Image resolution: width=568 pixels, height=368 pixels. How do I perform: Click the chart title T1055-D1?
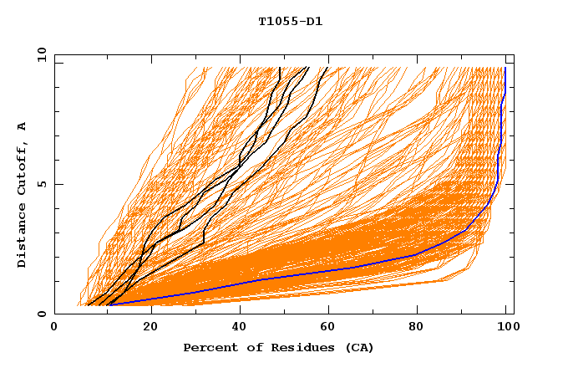tap(290, 22)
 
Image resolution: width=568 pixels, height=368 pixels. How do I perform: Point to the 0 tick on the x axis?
tap(55, 330)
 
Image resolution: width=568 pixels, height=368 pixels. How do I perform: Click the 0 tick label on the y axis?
tap(41, 314)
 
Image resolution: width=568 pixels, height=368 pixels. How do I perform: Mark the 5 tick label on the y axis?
tap(41, 184)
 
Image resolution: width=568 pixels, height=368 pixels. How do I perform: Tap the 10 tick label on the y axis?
tap(38, 54)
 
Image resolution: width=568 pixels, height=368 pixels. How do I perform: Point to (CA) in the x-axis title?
tap(357, 347)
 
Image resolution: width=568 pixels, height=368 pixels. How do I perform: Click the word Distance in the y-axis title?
tap(23, 236)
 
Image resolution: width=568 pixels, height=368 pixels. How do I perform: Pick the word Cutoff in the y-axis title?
tap(23, 169)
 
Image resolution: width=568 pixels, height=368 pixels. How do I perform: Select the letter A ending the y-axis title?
tap(23, 126)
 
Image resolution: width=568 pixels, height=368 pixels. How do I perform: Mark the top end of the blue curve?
tap(505, 68)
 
